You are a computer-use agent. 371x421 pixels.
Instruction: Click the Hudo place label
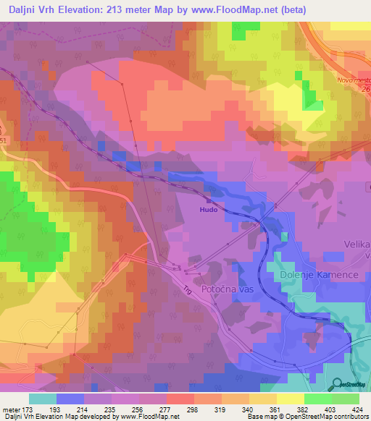click(209, 210)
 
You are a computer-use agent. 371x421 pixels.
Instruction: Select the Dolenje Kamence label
click(314, 276)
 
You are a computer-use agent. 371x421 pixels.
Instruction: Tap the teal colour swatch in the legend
click(42, 399)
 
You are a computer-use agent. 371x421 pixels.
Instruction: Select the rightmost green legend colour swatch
click(346, 399)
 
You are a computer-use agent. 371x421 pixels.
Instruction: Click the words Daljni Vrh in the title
click(33, 9)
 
